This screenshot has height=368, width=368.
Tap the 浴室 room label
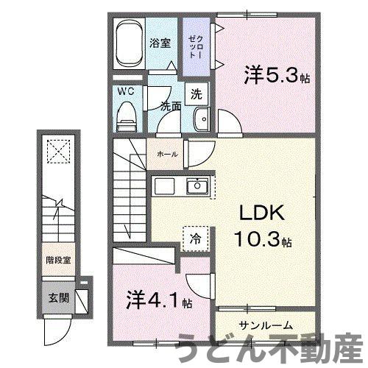[161, 43]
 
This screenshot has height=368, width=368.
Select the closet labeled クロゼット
[195, 46]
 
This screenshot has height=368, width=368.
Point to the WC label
[127, 93]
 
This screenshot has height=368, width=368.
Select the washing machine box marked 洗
[197, 94]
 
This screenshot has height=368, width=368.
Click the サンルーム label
[266, 325]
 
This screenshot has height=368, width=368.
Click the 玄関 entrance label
[59, 298]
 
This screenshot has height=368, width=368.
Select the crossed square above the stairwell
[57, 155]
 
